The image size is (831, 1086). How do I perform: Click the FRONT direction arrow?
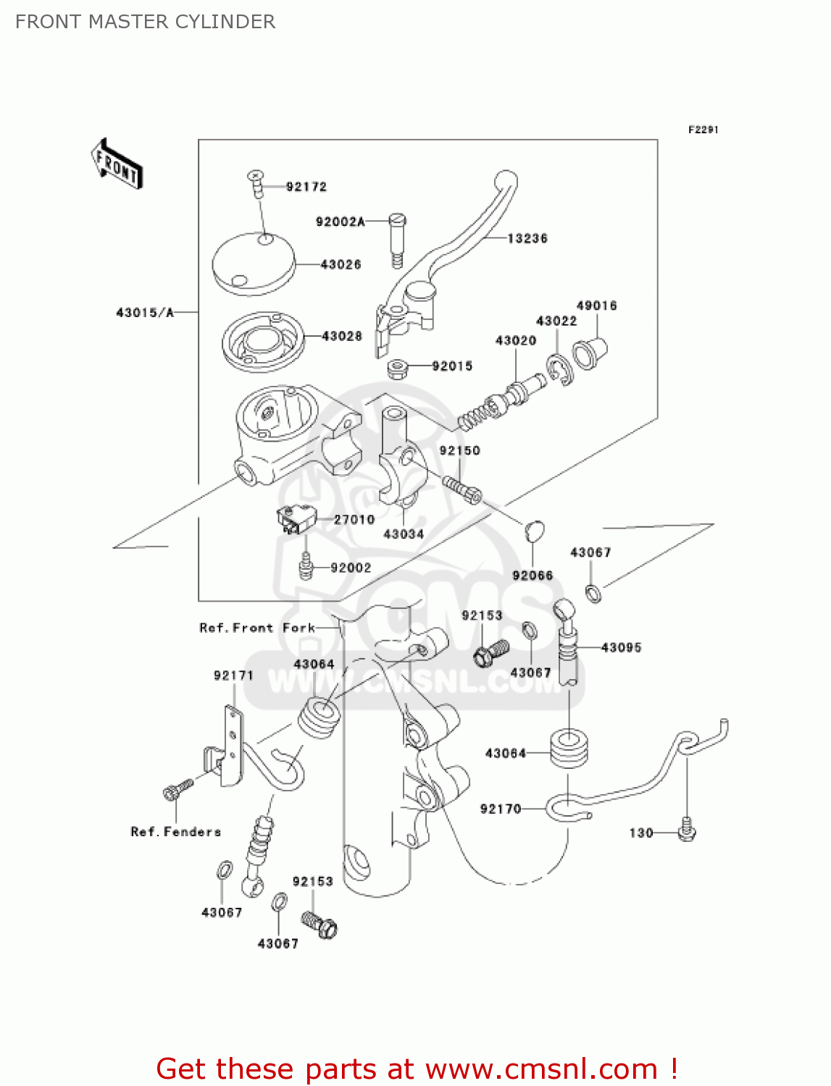click(x=116, y=164)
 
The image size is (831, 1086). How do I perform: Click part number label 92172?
click(x=306, y=187)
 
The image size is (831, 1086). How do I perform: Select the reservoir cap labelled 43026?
click(x=254, y=263)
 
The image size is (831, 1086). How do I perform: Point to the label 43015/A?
click(x=145, y=313)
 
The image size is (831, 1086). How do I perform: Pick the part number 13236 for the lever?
click(x=527, y=238)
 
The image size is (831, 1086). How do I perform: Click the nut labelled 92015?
click(x=396, y=369)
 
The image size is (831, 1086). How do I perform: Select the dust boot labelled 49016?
click(x=588, y=353)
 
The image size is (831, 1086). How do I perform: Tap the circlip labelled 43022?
click(x=559, y=370)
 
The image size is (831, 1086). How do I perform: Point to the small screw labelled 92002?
click(x=306, y=567)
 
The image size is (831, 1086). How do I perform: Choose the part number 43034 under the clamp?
click(x=403, y=534)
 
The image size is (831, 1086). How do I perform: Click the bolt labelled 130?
click(x=687, y=830)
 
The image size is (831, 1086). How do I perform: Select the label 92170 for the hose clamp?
click(x=500, y=809)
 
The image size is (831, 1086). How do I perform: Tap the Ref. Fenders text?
click(x=175, y=832)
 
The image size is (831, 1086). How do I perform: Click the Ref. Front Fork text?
click(x=257, y=628)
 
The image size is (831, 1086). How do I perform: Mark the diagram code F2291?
click(x=703, y=130)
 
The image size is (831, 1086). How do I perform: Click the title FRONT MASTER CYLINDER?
click(x=145, y=22)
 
